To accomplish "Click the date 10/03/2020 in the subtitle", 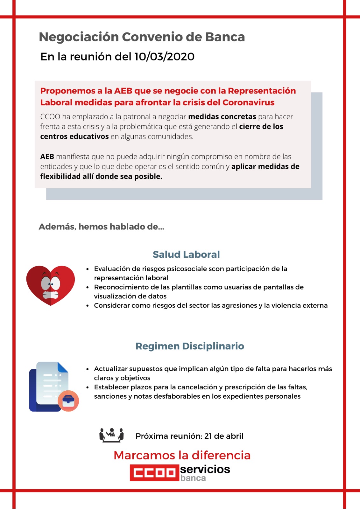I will (164, 57).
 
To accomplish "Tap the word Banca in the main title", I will (225, 37).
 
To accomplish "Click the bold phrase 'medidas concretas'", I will (222, 116).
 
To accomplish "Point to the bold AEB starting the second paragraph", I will (47, 157).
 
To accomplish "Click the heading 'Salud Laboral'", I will (186, 254).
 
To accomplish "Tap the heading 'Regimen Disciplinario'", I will (190, 346).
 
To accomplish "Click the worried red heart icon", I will (50, 285).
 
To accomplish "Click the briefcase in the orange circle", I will (68, 401).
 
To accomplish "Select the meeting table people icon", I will (111, 435).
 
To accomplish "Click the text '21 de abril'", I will (224, 436).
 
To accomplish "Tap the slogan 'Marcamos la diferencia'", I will (182, 455).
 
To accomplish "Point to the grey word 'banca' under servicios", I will (193, 478).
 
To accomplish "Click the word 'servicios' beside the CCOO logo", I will (205, 469).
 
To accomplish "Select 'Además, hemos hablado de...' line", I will (102, 227).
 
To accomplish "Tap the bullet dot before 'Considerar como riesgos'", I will (88, 306).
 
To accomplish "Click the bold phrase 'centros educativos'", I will (74, 136).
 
